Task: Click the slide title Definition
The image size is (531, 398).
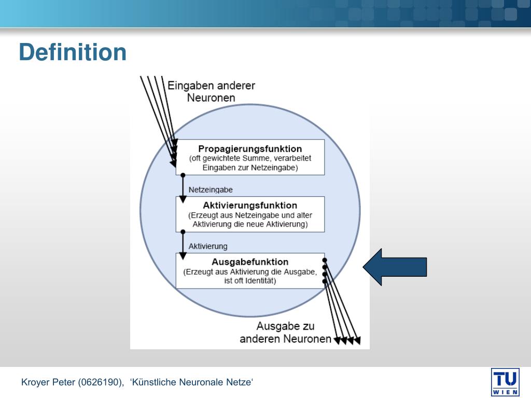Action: tap(73, 52)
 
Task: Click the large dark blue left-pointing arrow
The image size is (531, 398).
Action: tap(395, 267)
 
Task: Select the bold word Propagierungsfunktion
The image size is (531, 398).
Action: tap(250, 149)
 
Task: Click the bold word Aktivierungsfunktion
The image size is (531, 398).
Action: tap(250, 205)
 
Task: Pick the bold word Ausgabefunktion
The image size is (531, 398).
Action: tap(250, 262)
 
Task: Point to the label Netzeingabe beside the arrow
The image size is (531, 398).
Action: tap(211, 190)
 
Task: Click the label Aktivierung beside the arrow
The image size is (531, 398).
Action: tap(208, 246)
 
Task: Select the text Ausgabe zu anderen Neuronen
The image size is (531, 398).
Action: tap(285, 332)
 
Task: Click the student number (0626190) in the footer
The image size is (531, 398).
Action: tap(101, 382)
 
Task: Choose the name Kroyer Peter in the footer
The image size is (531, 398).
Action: tap(48, 382)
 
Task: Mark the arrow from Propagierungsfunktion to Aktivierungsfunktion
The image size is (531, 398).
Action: tap(183, 188)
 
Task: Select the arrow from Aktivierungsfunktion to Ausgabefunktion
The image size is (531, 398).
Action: tap(183, 245)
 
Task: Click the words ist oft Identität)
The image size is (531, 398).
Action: tap(250, 281)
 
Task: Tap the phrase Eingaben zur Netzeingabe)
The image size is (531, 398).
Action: tap(250, 167)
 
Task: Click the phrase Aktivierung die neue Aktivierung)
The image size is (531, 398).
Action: tap(250, 224)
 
